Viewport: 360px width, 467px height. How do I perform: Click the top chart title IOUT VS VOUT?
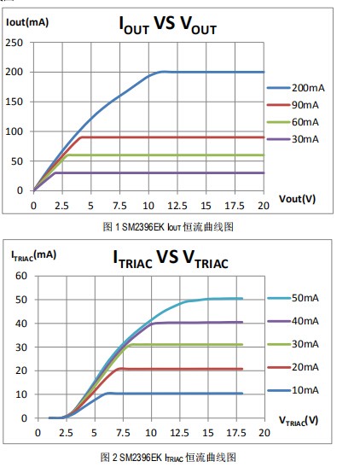point(167,27)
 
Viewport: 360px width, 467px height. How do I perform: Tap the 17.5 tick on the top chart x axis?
point(230,206)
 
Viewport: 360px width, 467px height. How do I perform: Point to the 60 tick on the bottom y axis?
point(22,276)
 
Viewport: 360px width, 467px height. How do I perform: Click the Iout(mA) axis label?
point(26,21)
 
